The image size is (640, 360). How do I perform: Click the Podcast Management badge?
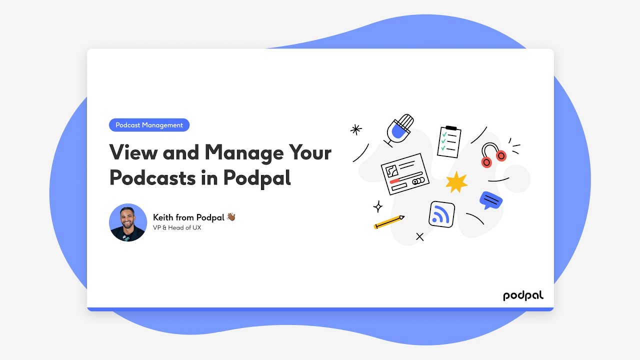(149, 125)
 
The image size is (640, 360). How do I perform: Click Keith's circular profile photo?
(128, 222)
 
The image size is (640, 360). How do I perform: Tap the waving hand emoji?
(230, 216)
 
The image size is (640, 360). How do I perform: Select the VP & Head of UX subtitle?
(177, 228)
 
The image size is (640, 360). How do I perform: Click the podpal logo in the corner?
(523, 295)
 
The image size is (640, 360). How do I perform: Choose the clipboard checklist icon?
(449, 141)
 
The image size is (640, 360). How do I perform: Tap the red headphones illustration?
(493, 155)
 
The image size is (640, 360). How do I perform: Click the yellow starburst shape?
(456, 182)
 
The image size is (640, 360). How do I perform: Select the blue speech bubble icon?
(491, 200)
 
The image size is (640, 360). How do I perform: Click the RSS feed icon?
(441, 214)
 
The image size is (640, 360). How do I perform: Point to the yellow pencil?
(389, 222)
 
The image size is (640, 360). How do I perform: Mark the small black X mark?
(420, 237)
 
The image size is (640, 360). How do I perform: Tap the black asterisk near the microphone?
(356, 129)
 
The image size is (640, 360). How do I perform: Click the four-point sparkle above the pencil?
(378, 206)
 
